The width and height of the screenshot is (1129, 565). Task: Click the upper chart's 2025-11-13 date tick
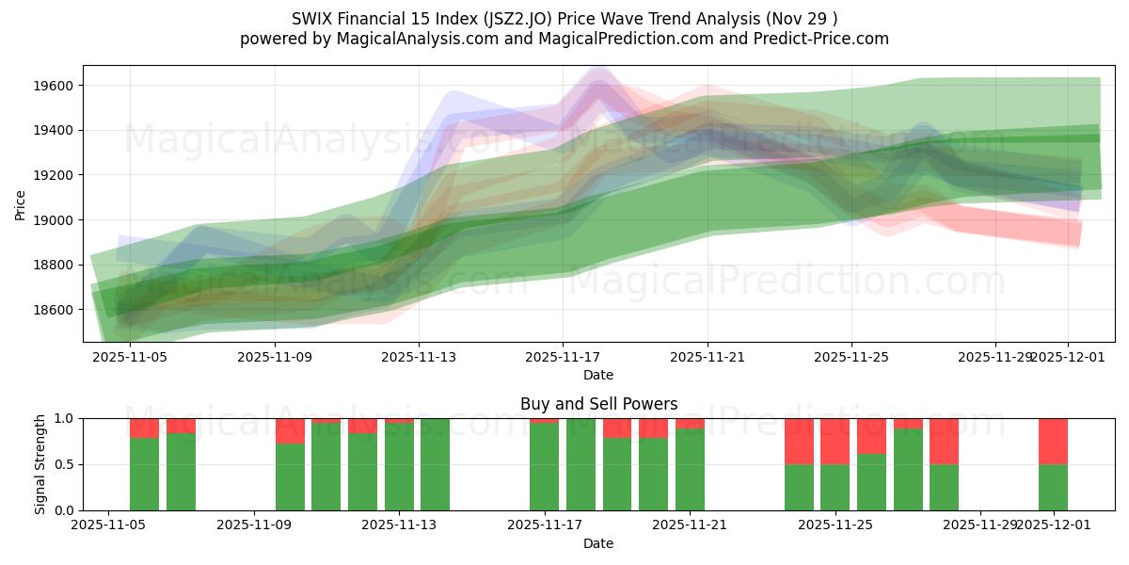click(x=419, y=358)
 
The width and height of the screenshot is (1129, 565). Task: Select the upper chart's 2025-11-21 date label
click(x=708, y=358)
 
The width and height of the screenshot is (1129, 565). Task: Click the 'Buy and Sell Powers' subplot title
click(x=598, y=404)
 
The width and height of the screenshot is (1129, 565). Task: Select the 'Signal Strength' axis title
click(x=40, y=464)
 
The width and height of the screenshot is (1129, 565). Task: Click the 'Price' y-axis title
click(x=20, y=204)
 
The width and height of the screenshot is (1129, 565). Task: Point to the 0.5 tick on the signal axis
click(x=67, y=464)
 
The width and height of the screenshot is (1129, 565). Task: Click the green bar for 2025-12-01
click(x=1053, y=487)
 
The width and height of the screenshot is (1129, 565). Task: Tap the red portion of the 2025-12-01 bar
click(x=1053, y=441)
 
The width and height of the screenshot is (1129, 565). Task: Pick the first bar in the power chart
click(x=144, y=474)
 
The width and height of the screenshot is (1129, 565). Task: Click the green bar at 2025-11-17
click(x=544, y=467)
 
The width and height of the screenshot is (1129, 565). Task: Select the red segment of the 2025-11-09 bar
click(x=290, y=430)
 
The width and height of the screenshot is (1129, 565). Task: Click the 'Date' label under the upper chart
click(x=598, y=375)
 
